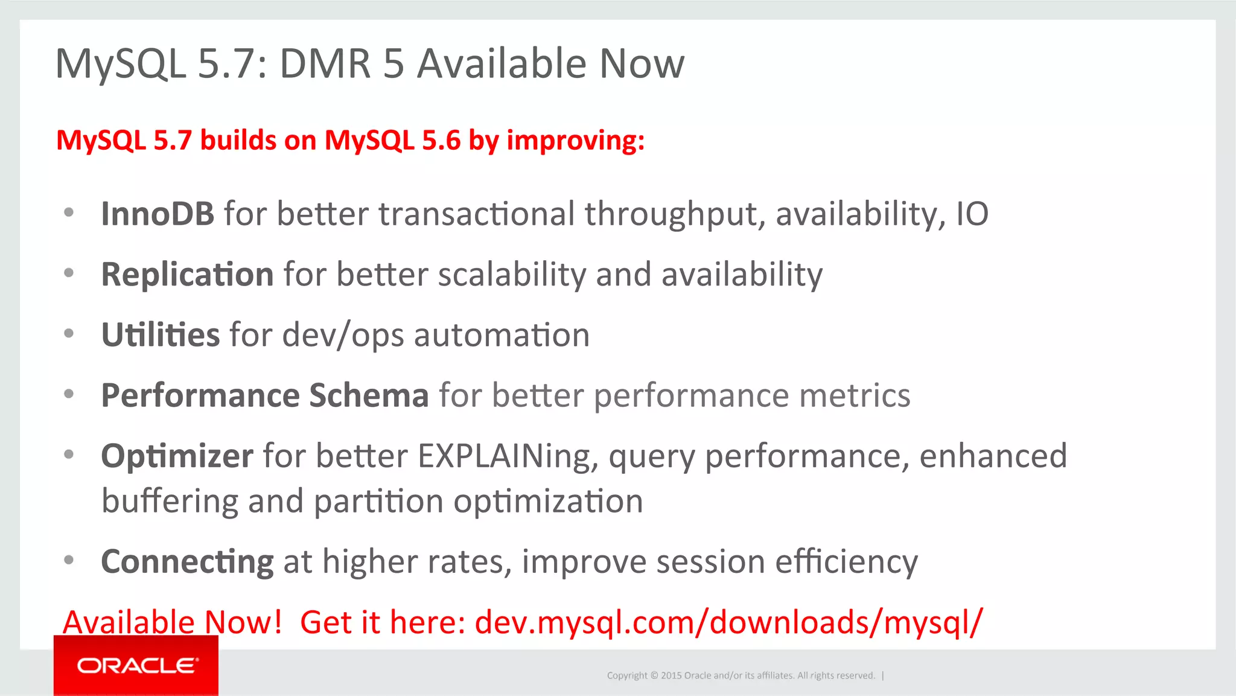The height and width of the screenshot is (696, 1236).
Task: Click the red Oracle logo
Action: point(136,665)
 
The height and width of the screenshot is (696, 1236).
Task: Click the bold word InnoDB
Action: point(158,214)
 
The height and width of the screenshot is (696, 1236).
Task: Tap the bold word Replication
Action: point(187,275)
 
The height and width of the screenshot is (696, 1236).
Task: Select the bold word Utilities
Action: point(160,335)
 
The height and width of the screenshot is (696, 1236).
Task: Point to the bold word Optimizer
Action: point(177,456)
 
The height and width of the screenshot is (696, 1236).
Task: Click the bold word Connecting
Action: point(187,562)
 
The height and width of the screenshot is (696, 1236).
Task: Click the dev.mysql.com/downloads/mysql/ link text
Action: point(728,622)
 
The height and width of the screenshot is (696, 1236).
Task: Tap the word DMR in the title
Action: point(325,63)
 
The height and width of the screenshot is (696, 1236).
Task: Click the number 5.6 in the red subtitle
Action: point(441,140)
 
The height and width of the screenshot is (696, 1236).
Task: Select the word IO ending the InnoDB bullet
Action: point(972,214)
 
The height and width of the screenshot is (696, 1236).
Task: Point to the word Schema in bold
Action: point(369,395)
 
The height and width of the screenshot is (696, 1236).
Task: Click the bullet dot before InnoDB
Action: point(69,212)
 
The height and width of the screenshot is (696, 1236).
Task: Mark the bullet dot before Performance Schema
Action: point(69,394)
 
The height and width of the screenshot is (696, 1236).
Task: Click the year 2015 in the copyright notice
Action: point(671,675)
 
